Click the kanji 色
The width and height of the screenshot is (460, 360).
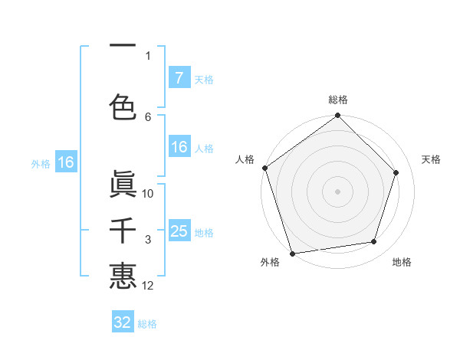123,106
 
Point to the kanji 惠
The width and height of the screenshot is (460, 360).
123,276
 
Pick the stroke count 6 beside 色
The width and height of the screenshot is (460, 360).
148,116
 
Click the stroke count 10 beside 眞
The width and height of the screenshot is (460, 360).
148,194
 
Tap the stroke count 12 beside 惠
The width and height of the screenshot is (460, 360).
148,286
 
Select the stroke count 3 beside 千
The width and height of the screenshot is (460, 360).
148,241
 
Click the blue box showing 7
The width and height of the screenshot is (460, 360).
179,78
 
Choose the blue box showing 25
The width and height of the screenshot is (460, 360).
179,231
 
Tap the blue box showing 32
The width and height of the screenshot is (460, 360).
123,322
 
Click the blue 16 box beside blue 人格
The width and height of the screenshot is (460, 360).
179,148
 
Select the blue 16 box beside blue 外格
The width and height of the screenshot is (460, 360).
65,162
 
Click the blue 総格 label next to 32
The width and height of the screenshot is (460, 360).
147,324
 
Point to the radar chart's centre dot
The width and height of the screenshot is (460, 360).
337,191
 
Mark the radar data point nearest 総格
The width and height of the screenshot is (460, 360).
337,116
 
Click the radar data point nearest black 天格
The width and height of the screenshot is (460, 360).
396,172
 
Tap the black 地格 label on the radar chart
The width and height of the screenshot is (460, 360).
402,262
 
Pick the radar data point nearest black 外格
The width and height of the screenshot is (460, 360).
292,253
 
